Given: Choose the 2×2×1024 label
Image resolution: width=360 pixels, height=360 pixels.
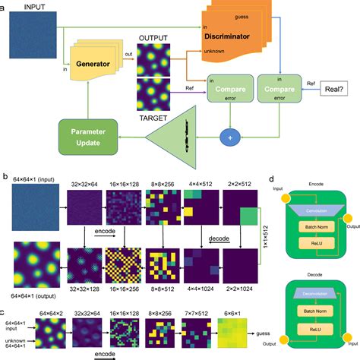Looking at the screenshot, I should (242, 290).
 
